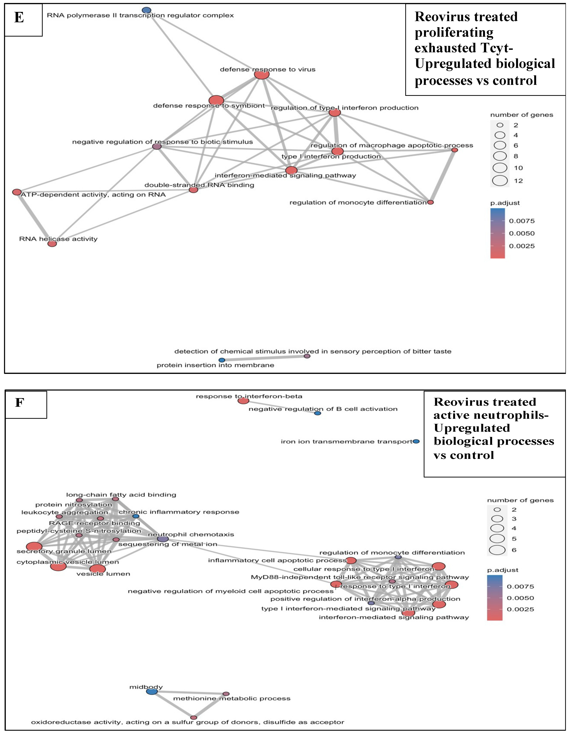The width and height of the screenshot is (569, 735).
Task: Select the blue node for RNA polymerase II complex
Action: tap(146, 10)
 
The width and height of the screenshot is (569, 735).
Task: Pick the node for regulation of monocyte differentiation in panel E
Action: tap(430, 202)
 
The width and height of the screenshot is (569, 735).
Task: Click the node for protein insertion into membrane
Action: tap(222, 360)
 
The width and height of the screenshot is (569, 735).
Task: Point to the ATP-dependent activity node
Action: tap(17, 192)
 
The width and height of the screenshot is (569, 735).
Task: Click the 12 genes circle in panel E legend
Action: tap(500, 181)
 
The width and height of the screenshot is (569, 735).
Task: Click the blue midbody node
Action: tap(152, 691)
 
